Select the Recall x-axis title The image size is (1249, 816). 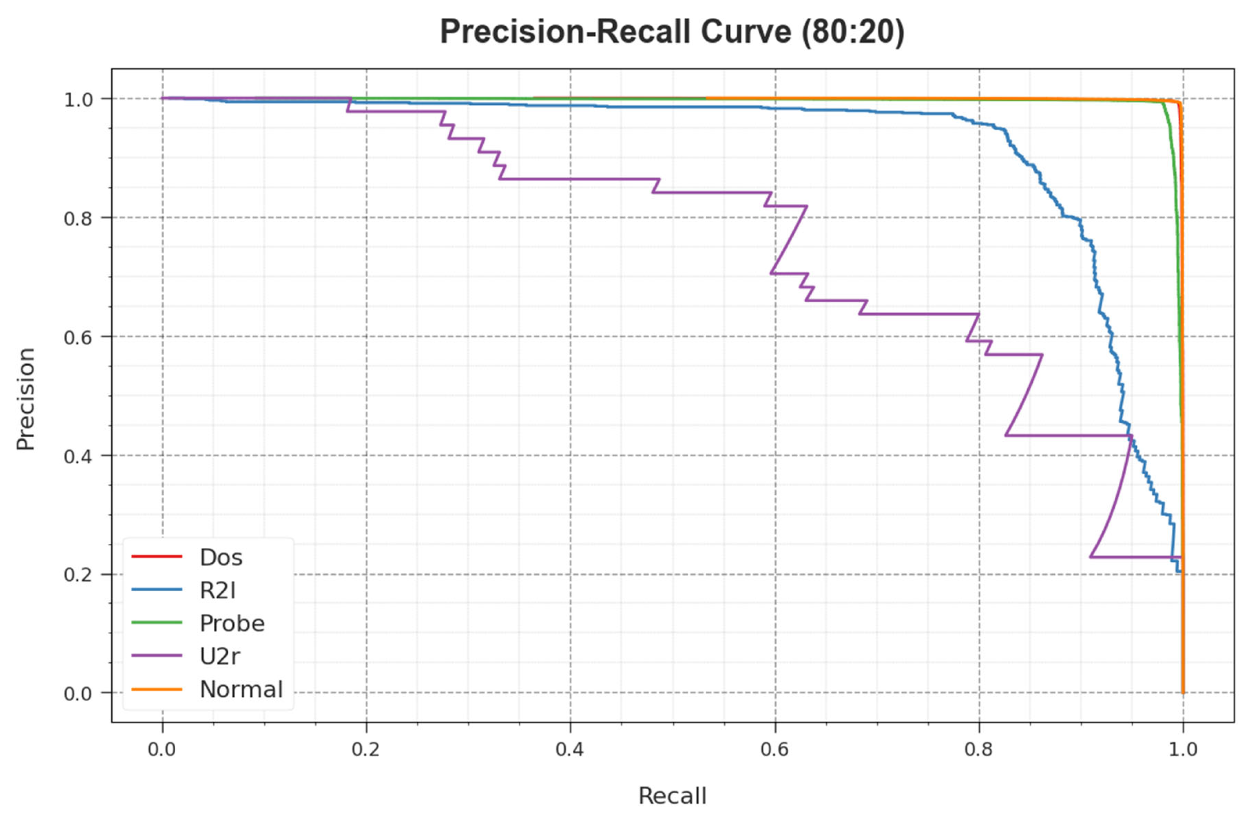tap(672, 796)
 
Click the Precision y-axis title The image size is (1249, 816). tap(25, 399)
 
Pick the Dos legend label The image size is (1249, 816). tap(221, 558)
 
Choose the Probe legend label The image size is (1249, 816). tap(232, 624)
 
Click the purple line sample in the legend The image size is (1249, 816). tap(156, 656)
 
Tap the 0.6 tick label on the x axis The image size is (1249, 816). tap(775, 749)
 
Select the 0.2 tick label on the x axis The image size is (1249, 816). tap(366, 749)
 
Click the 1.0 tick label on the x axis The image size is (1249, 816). tap(1183, 749)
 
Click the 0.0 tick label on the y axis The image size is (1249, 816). tap(78, 694)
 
